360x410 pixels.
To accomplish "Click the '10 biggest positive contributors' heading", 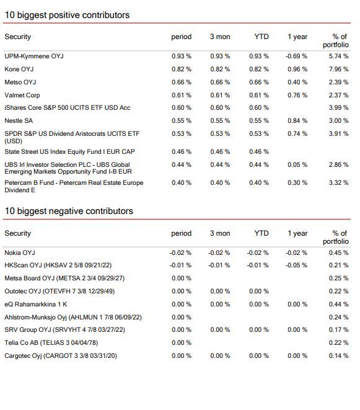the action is click(67, 15).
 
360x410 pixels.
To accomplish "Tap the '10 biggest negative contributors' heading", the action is click(69, 211).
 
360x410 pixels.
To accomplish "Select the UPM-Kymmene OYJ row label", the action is click(34, 56).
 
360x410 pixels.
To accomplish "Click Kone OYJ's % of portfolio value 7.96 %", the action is click(338, 69).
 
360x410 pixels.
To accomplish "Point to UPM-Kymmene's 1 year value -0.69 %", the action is click(296, 56).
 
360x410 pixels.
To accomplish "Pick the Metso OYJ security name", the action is click(20, 82).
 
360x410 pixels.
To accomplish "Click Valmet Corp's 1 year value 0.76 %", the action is click(297, 95).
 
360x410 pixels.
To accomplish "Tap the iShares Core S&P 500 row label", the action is click(67, 108).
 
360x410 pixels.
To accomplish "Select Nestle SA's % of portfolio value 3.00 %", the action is click(338, 121).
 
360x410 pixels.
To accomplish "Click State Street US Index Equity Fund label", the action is click(69, 152).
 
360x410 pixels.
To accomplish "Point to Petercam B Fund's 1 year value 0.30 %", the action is click(297, 183).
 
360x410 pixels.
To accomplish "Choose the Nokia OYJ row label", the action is click(20, 253).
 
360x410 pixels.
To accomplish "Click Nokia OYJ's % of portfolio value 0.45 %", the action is click(338, 253).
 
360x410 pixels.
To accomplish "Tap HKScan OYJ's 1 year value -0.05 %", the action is click(296, 265).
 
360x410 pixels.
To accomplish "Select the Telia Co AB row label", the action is click(51, 343).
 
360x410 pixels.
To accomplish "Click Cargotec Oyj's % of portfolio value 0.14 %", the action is click(338, 356).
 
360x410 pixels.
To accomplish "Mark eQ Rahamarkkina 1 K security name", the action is click(35, 305).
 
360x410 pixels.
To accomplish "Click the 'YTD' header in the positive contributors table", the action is click(261, 37).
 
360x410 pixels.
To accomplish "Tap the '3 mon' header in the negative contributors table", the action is click(220, 233).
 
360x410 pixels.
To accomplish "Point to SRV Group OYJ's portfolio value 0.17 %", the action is click(338, 330).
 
